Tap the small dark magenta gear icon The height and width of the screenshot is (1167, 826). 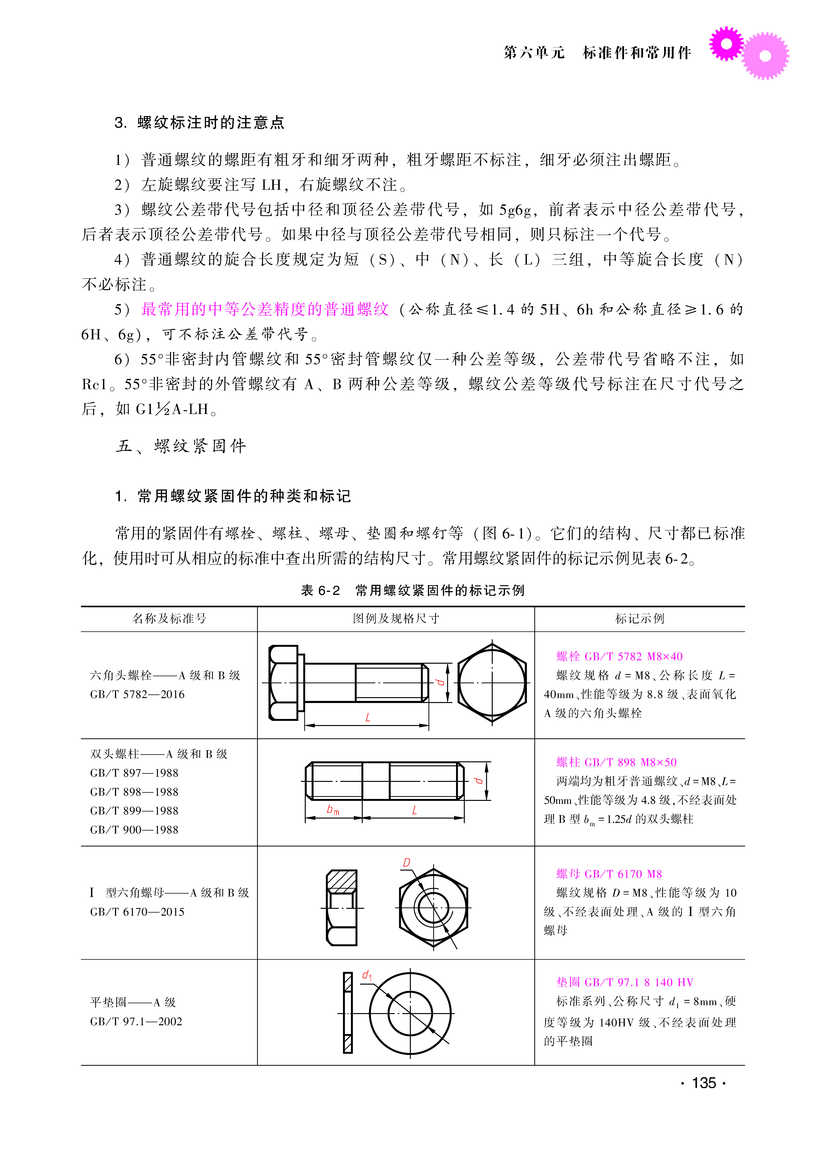pos(726,44)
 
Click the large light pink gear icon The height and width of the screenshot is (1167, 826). pos(765,56)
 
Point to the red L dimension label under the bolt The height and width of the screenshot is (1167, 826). pos(368,717)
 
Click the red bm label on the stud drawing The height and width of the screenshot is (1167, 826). pos(333,810)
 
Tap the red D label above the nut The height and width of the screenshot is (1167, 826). pos(406,863)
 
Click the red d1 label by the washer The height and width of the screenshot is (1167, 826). pos(367,975)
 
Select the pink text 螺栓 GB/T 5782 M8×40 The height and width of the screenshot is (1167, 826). pos(619,656)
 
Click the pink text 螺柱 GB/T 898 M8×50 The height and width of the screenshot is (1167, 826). pos(616,762)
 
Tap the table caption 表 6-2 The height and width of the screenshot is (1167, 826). pos(320,590)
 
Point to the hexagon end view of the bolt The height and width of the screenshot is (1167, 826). pos(492,682)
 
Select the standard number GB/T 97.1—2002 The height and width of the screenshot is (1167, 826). pos(136,1022)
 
